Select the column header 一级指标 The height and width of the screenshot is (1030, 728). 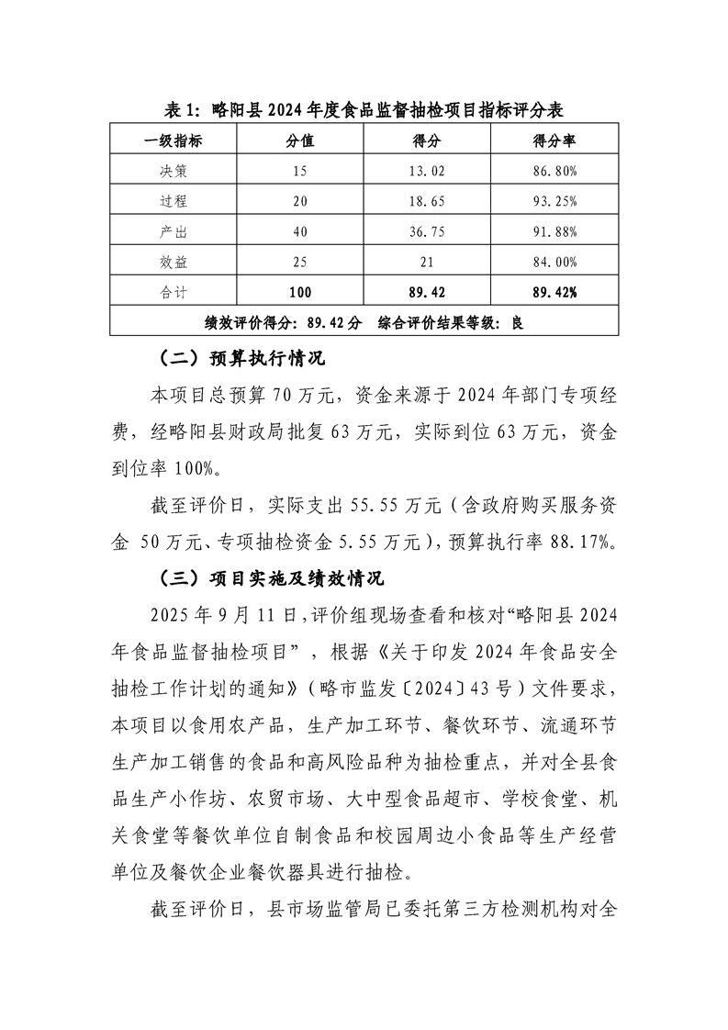pos(174,140)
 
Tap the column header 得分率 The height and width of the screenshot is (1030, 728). pos(554,140)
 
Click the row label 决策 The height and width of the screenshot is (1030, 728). pos(174,171)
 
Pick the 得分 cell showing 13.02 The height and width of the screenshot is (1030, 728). pos(427,171)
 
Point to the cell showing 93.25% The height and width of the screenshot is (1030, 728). pos(554,201)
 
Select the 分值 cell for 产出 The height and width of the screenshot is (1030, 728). pos(300,231)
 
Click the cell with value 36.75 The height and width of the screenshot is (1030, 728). pos(427,231)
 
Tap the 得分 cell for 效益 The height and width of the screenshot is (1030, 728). pos(427,262)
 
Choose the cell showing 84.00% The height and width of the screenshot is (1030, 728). pos(554,262)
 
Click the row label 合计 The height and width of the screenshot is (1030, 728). pos(174,292)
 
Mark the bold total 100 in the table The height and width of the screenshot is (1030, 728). pos(300,292)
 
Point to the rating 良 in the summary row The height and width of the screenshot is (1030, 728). pos(517,322)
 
